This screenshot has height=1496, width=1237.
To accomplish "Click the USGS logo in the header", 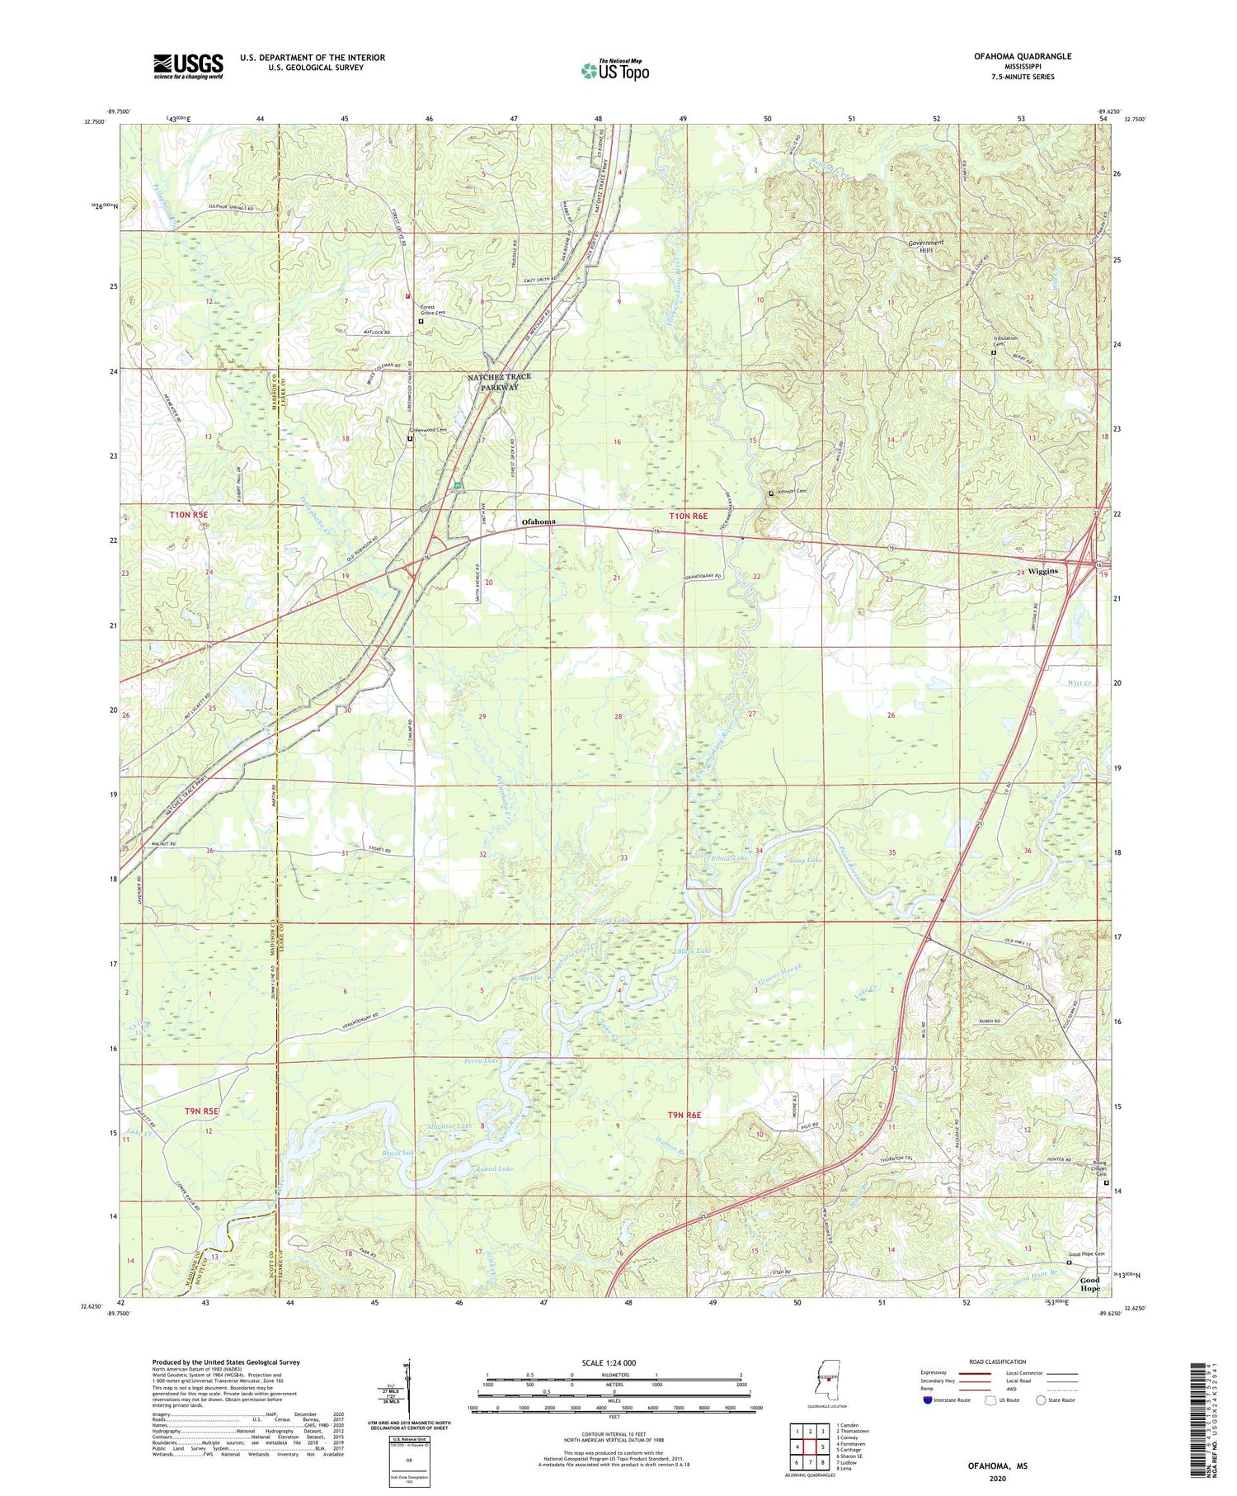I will tap(188, 66).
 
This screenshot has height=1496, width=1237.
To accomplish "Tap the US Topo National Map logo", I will tap(614, 71).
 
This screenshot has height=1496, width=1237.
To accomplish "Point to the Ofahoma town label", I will tap(539, 521).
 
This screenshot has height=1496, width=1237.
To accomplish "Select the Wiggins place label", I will tap(1042, 570).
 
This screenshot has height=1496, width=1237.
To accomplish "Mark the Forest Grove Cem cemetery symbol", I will tap(421, 322).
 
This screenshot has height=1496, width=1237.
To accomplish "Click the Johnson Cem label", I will tap(791, 492).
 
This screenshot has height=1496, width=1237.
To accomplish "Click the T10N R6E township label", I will tap(688, 516).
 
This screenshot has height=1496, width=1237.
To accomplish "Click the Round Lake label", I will tap(494, 1168).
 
